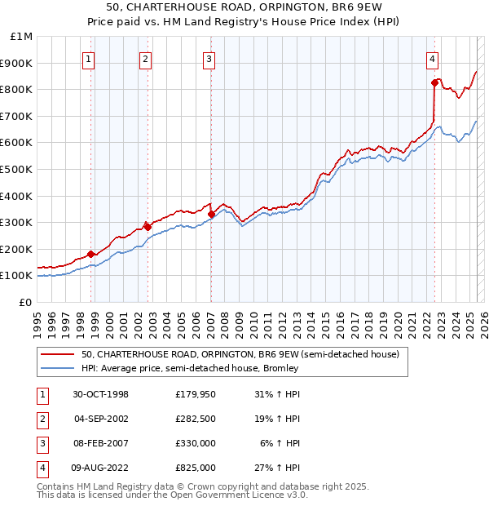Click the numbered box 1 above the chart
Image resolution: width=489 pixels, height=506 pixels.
pos(88,58)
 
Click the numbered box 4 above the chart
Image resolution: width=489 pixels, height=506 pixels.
pos(432,58)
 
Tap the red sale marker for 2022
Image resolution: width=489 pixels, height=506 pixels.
pos(434,82)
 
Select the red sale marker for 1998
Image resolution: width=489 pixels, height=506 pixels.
pos(91,254)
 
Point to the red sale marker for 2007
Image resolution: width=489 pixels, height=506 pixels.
pos(211,214)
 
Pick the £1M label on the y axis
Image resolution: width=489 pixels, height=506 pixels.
pos(22,37)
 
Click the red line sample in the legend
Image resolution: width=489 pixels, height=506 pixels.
pos(58,354)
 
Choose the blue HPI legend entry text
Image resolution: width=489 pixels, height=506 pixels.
pos(190,368)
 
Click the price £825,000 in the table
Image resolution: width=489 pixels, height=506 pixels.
pos(196,468)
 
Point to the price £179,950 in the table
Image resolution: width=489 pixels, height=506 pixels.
pos(196,394)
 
